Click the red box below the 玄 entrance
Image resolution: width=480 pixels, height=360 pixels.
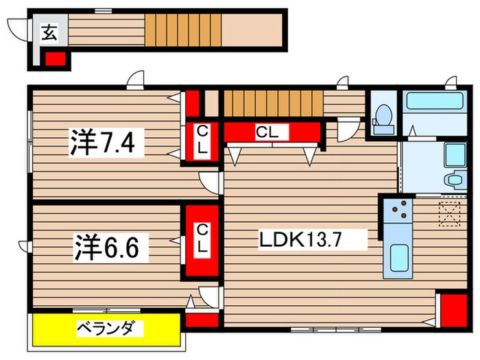coord(56,58)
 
